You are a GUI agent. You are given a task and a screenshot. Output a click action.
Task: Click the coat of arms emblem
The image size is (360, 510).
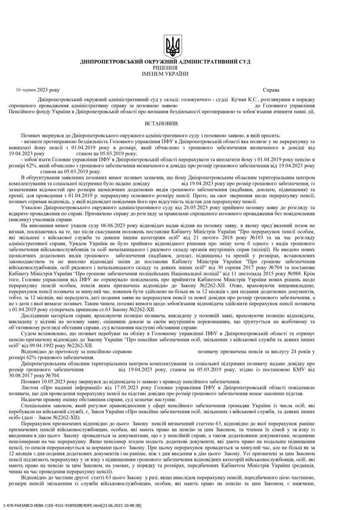(x=173, y=46)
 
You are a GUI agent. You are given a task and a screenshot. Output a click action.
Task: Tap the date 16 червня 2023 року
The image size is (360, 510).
(x=38, y=90)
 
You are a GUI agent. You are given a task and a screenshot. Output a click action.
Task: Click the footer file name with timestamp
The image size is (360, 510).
(x=72, y=505)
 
